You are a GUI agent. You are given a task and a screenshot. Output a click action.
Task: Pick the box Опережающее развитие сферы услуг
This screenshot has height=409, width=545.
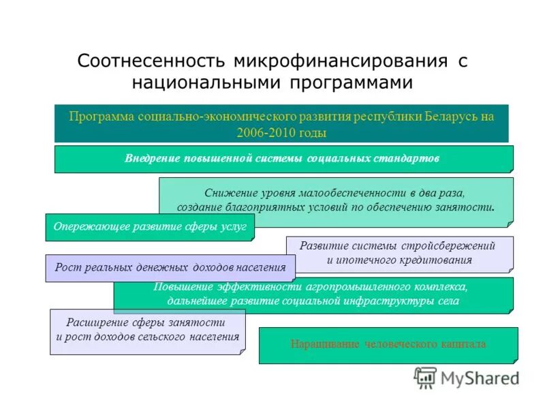coord(150,227)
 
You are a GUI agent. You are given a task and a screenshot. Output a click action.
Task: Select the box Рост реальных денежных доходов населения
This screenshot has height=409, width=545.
coord(170,268)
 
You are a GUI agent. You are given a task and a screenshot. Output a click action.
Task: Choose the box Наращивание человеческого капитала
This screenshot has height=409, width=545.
coord(388,345)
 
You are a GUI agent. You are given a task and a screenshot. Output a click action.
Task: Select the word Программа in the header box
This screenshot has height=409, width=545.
coord(102,116)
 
